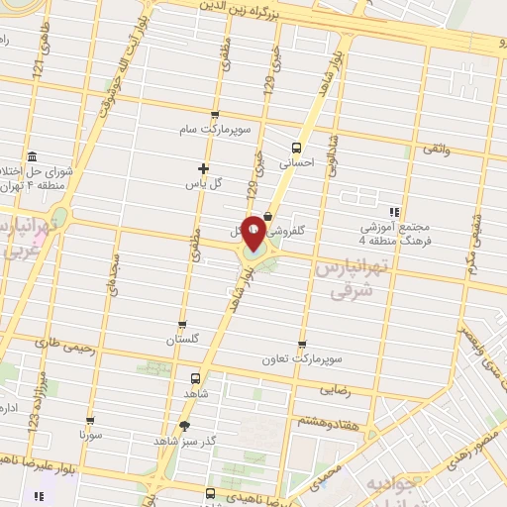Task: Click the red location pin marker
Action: [254, 232]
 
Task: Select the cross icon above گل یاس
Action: [204, 168]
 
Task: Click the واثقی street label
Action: [437, 148]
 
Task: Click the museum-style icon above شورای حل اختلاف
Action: [33, 156]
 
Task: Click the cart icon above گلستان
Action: [182, 324]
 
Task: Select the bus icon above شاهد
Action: [194, 378]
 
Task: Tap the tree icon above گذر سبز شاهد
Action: [183, 426]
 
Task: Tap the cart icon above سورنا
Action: [90, 421]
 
